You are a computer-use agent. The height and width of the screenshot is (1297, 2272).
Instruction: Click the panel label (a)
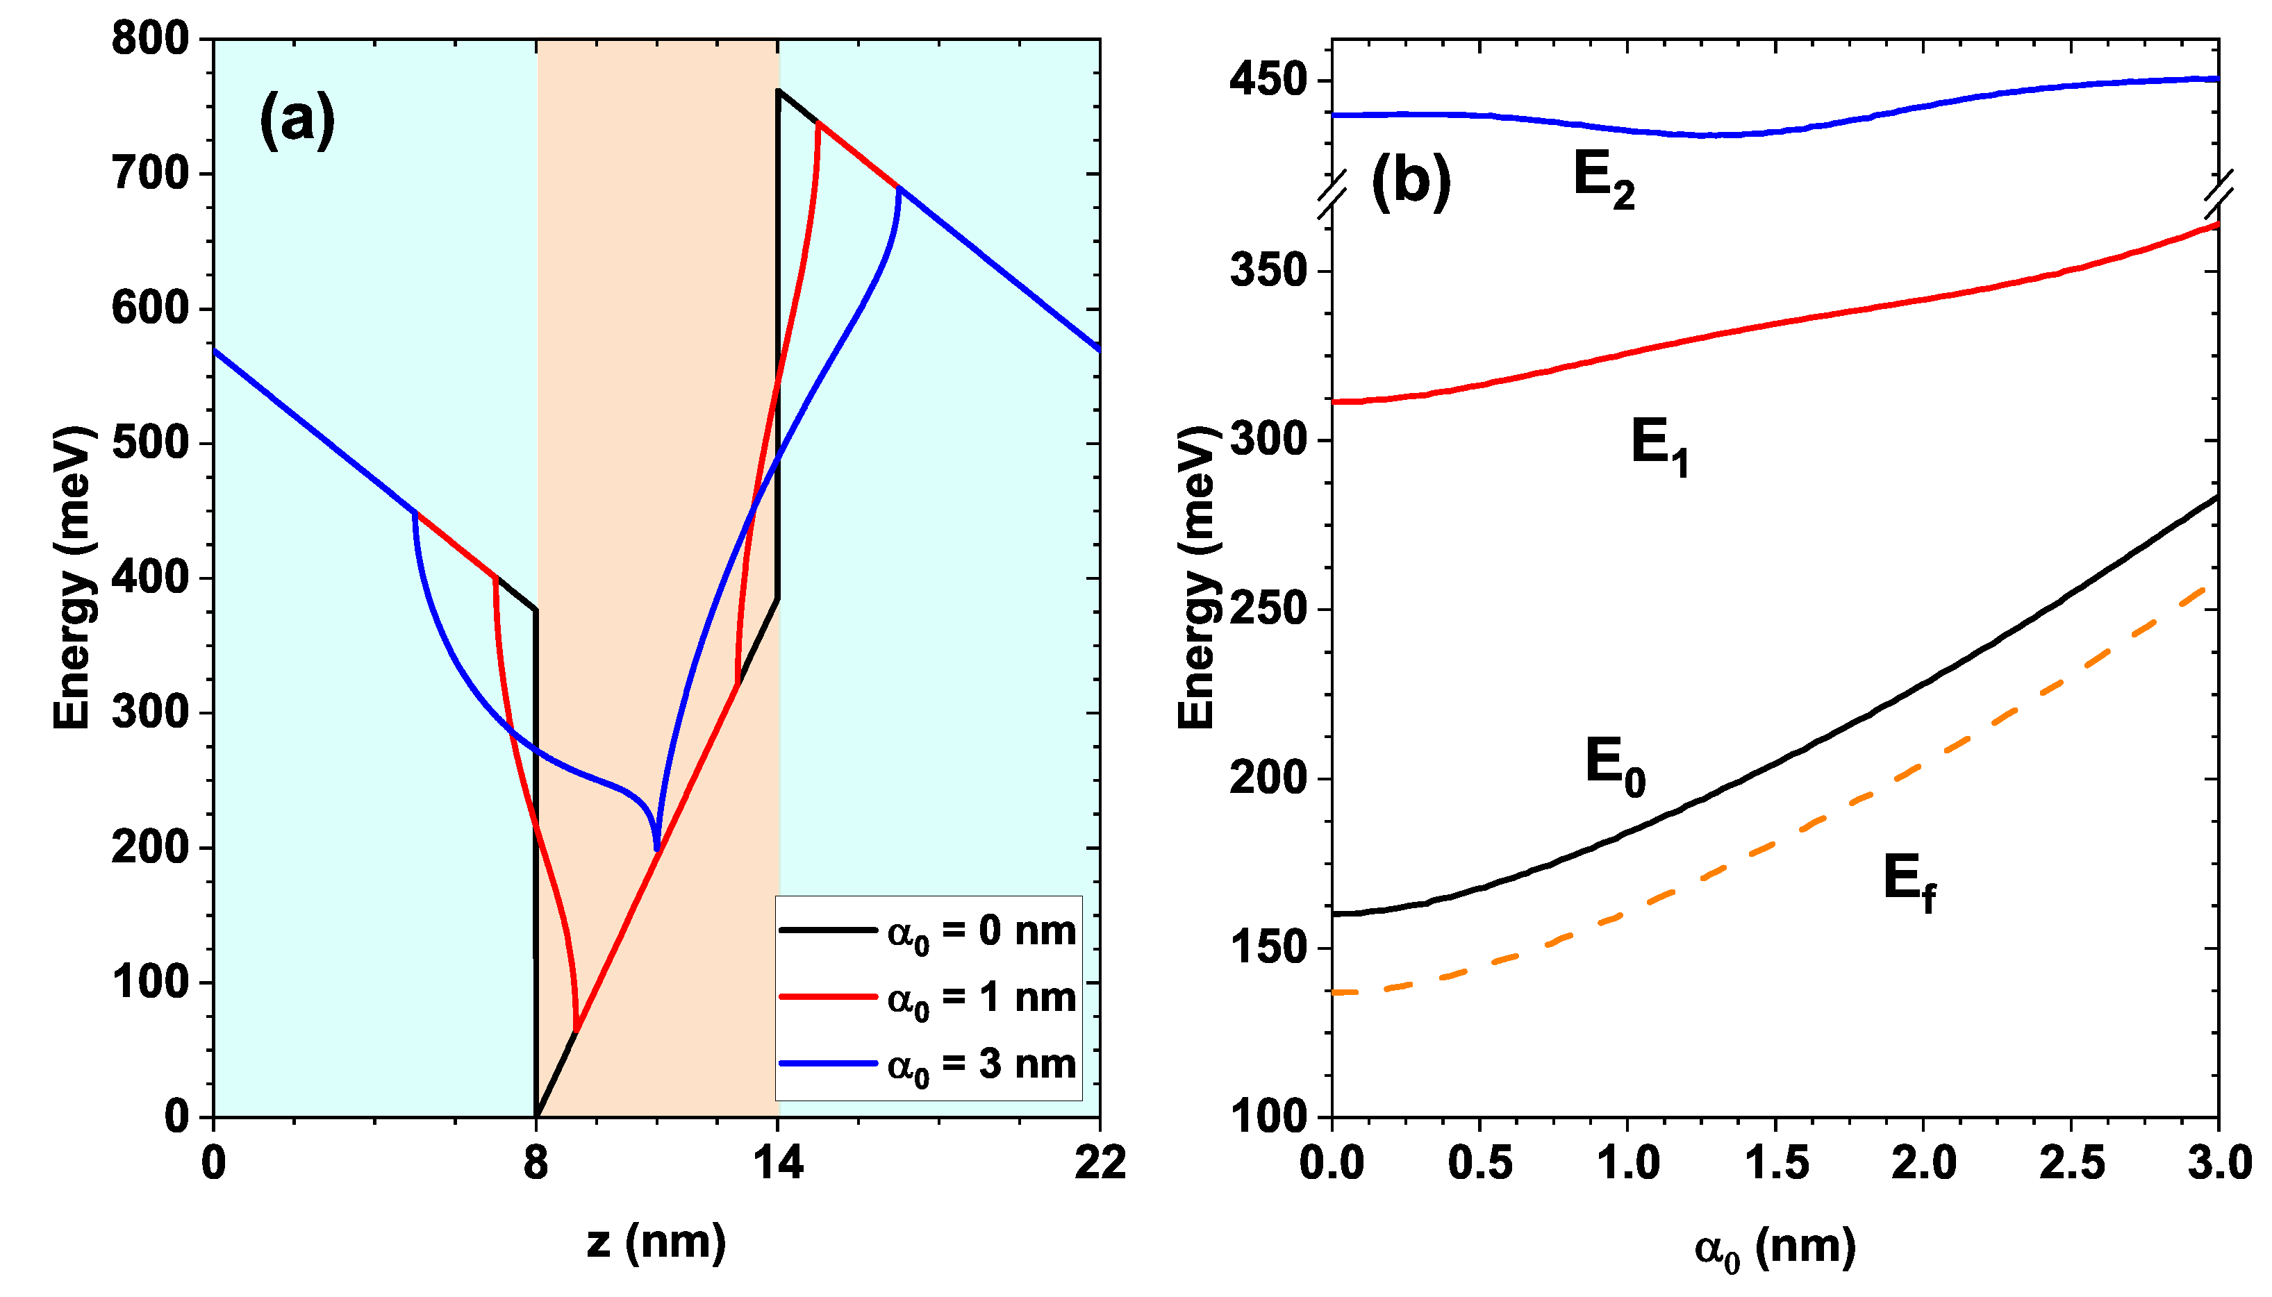(x=297, y=120)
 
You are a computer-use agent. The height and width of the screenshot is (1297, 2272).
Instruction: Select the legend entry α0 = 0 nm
(x=981, y=932)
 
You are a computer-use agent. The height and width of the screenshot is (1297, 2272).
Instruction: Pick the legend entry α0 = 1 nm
(x=981, y=998)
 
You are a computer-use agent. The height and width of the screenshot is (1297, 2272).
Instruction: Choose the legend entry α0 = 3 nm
(x=981, y=1065)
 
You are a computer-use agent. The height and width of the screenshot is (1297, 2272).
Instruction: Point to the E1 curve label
(x=1659, y=447)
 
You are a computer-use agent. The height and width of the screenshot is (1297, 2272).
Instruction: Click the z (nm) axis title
(x=656, y=1241)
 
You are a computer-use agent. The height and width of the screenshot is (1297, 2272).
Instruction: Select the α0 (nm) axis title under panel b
(x=1774, y=1248)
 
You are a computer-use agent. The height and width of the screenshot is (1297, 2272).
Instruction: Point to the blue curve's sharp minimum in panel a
(x=656, y=851)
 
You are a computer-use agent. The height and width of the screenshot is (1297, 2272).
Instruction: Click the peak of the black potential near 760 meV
(x=779, y=90)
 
